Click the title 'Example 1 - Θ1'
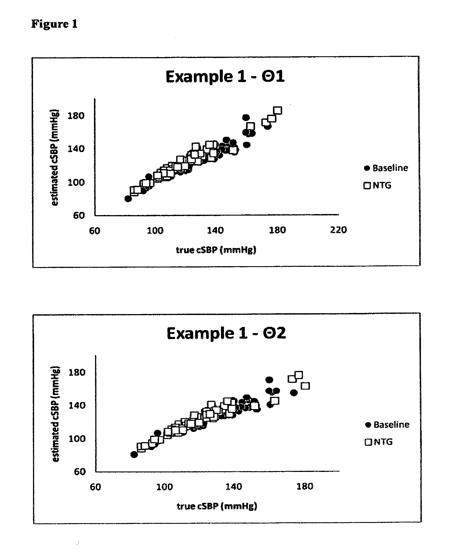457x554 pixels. [x=225, y=77]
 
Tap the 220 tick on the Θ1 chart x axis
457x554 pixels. [x=338, y=230]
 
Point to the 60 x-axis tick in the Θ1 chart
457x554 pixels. [x=94, y=231]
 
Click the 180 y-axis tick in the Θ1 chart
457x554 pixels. [x=76, y=116]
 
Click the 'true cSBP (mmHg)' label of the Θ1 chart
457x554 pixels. [x=216, y=250]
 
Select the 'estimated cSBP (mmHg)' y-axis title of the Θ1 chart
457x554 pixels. [x=54, y=157]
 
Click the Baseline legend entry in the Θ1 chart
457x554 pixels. [x=386, y=168]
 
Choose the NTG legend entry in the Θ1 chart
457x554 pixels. [x=377, y=185]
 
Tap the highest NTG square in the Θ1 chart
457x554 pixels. [x=278, y=111]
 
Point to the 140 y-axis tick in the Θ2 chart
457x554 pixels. [x=77, y=405]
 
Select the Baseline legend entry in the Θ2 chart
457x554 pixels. [x=387, y=425]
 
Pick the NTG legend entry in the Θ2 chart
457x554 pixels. [x=379, y=442]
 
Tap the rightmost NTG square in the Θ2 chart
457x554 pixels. [x=305, y=386]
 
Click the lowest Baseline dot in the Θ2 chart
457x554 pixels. [x=134, y=455]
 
